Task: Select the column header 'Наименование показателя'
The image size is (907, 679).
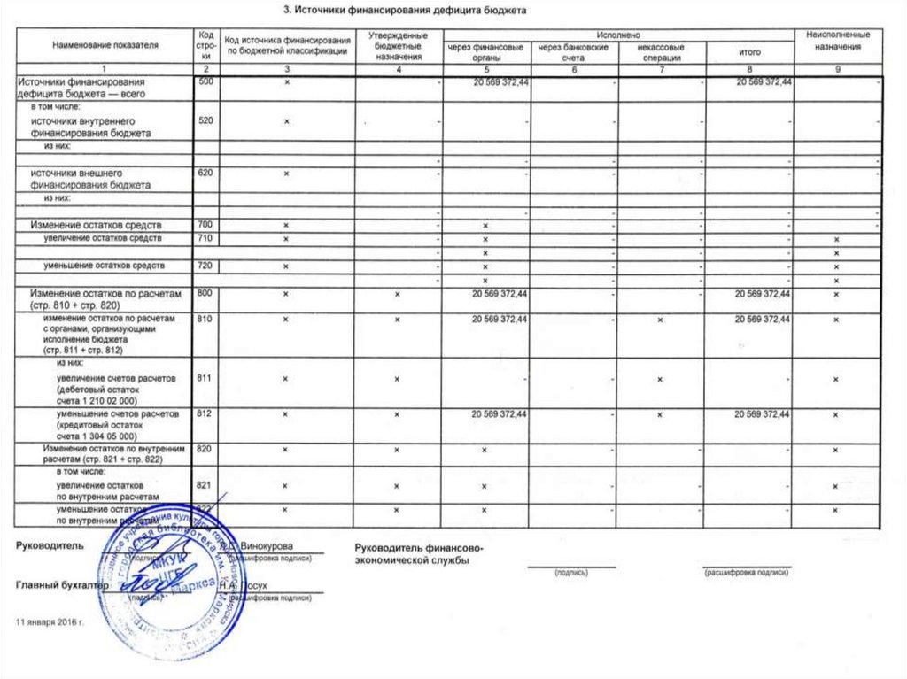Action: (105, 42)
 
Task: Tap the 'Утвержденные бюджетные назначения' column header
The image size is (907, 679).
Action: (398, 42)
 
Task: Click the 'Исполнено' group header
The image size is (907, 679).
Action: (623, 34)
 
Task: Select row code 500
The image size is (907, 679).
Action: (205, 82)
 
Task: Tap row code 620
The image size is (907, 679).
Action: (205, 173)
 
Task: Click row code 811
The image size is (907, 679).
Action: (205, 378)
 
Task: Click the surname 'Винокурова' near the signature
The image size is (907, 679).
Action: (268, 545)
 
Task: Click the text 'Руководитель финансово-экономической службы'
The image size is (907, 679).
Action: (418, 554)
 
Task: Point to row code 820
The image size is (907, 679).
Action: (205, 450)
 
